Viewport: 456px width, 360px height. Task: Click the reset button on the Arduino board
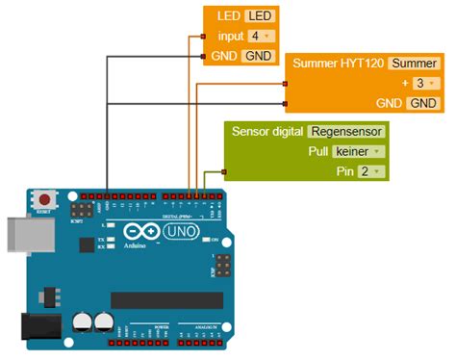[44, 199]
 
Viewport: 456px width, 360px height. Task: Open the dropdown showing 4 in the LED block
[257, 36]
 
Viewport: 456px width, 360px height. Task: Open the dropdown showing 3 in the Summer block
[420, 83]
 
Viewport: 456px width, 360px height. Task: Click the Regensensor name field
[347, 131]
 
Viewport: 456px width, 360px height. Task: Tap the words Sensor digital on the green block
[267, 131]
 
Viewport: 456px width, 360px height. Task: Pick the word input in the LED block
[231, 36]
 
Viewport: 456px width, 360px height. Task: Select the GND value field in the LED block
[258, 56]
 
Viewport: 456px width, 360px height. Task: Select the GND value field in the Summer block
[421, 103]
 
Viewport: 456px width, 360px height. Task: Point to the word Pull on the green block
[318, 151]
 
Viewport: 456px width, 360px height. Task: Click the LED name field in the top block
[258, 16]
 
